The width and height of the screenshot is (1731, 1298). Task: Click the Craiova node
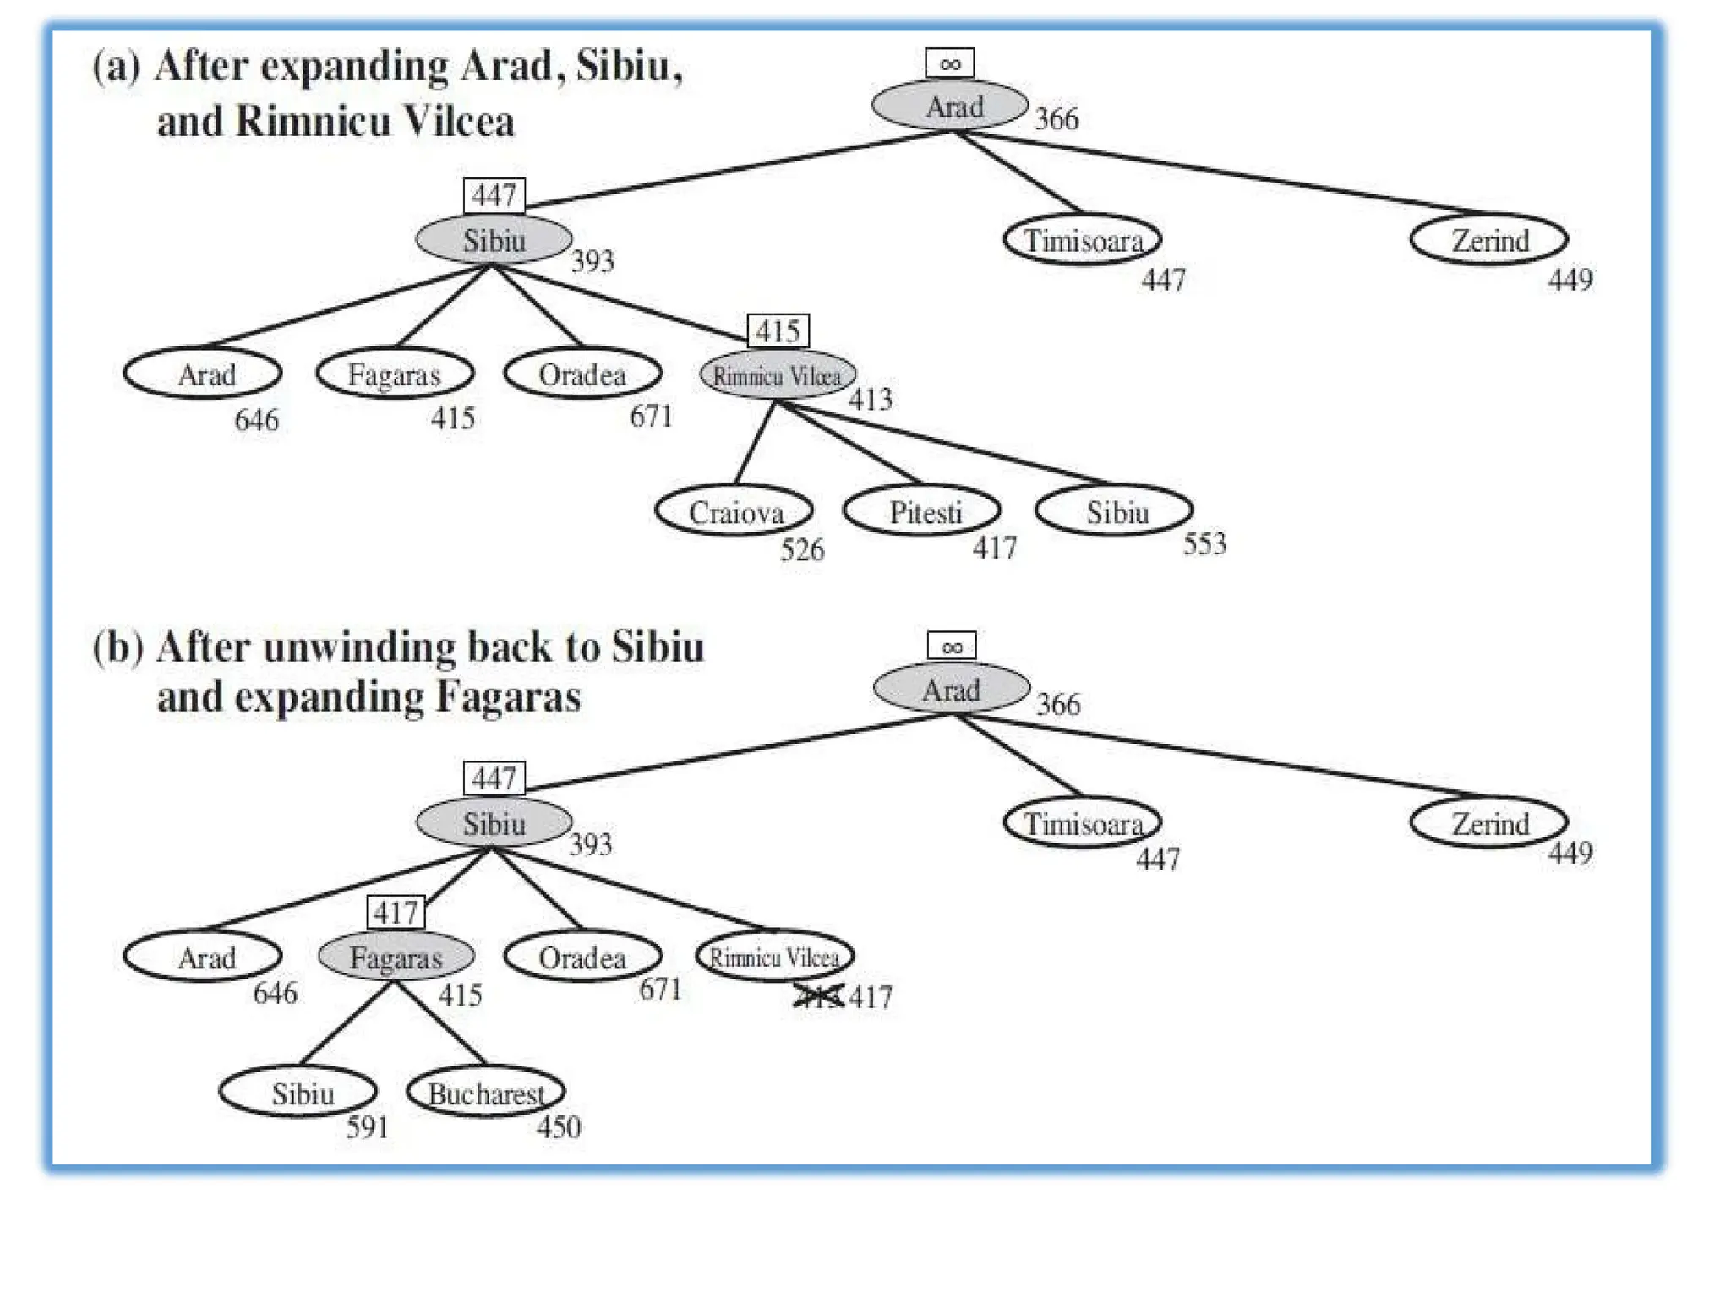[x=734, y=511]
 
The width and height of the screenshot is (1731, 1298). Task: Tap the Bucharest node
[x=486, y=1093]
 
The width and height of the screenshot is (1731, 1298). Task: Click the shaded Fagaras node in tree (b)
[x=396, y=957]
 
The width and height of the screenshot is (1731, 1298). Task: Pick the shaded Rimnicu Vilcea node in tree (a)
[x=778, y=374]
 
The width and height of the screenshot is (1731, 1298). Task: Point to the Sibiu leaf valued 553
[x=1114, y=511]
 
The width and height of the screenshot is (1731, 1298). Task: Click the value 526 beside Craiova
[x=801, y=550]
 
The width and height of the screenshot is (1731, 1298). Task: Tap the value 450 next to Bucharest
[x=559, y=1126]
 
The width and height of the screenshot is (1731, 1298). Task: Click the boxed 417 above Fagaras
[x=396, y=913]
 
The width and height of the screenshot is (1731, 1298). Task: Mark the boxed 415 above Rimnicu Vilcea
[x=778, y=331]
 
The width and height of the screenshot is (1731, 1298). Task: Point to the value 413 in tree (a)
[x=870, y=399]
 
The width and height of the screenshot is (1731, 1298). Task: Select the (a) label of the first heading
[x=116, y=66]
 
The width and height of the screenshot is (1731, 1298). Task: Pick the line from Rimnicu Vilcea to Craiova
[x=755, y=442]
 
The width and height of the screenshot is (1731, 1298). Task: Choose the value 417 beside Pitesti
[x=994, y=548]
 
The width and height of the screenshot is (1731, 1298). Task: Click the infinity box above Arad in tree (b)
[x=952, y=646]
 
